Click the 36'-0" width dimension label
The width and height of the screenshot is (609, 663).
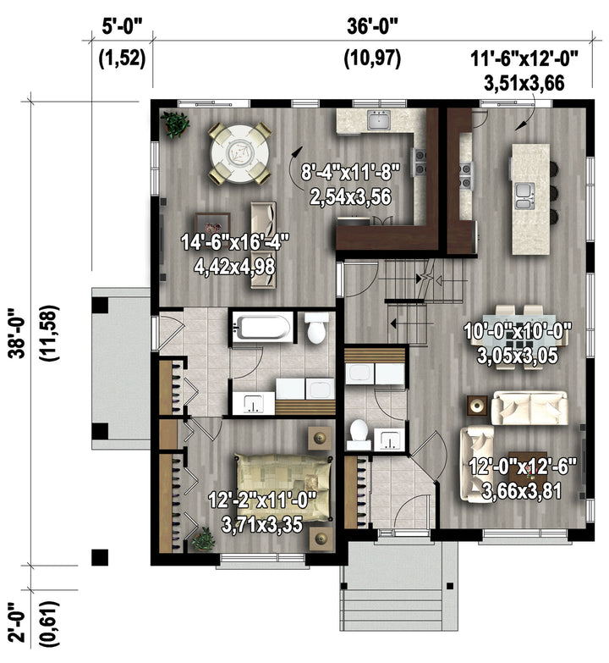(372, 26)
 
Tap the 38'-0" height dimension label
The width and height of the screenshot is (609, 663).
(19, 333)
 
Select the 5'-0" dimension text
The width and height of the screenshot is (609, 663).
(123, 26)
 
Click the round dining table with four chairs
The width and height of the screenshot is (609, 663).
(240, 153)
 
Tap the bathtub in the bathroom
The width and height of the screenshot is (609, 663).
(263, 326)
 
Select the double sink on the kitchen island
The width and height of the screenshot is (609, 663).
(525, 196)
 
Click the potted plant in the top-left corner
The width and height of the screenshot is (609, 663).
(174, 124)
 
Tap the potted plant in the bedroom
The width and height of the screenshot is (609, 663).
(204, 539)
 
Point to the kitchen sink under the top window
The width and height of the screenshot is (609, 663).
(379, 119)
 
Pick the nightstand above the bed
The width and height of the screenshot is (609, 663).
(320, 439)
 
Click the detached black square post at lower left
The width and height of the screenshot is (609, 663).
(100, 557)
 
